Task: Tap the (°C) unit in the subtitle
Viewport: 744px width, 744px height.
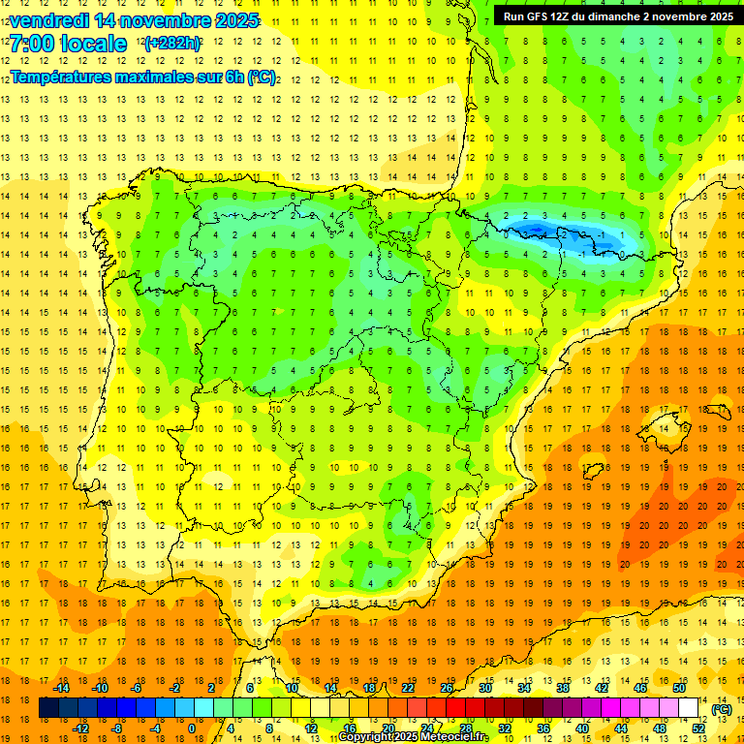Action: (x=261, y=77)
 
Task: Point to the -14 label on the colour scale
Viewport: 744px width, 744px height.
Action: (x=61, y=688)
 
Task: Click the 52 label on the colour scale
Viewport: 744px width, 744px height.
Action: (x=698, y=728)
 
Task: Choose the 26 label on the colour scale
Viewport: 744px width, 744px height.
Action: (x=447, y=688)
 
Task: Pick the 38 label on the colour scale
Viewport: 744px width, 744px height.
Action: (x=562, y=688)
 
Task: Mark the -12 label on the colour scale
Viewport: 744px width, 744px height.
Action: (x=80, y=728)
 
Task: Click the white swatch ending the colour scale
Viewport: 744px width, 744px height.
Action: (x=689, y=708)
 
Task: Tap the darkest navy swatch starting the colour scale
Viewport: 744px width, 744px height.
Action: (x=47, y=708)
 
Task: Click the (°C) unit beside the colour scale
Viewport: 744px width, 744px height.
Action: (x=721, y=708)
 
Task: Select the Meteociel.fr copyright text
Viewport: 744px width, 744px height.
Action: (x=413, y=737)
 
